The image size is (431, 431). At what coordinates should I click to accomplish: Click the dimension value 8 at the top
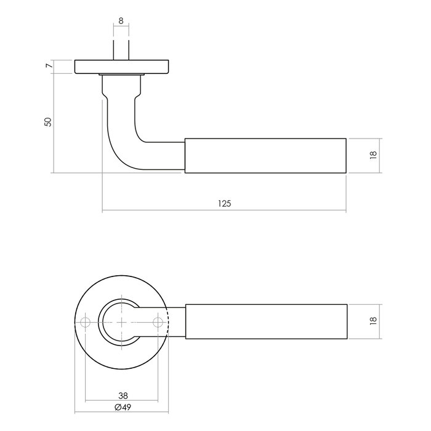(121, 21)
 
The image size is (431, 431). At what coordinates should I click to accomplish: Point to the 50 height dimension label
(47, 121)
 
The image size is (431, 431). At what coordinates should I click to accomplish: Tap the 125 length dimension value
(224, 203)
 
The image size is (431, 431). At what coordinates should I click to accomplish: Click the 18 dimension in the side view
(373, 156)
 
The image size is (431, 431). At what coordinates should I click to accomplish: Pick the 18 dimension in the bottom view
(373, 321)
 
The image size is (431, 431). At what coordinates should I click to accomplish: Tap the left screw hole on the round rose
(84, 321)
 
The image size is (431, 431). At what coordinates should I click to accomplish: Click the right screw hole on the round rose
(159, 321)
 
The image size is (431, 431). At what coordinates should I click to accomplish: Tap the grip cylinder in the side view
(265, 155)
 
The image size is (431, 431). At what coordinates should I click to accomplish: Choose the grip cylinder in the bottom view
(265, 321)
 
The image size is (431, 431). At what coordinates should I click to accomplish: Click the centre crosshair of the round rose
(121, 321)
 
